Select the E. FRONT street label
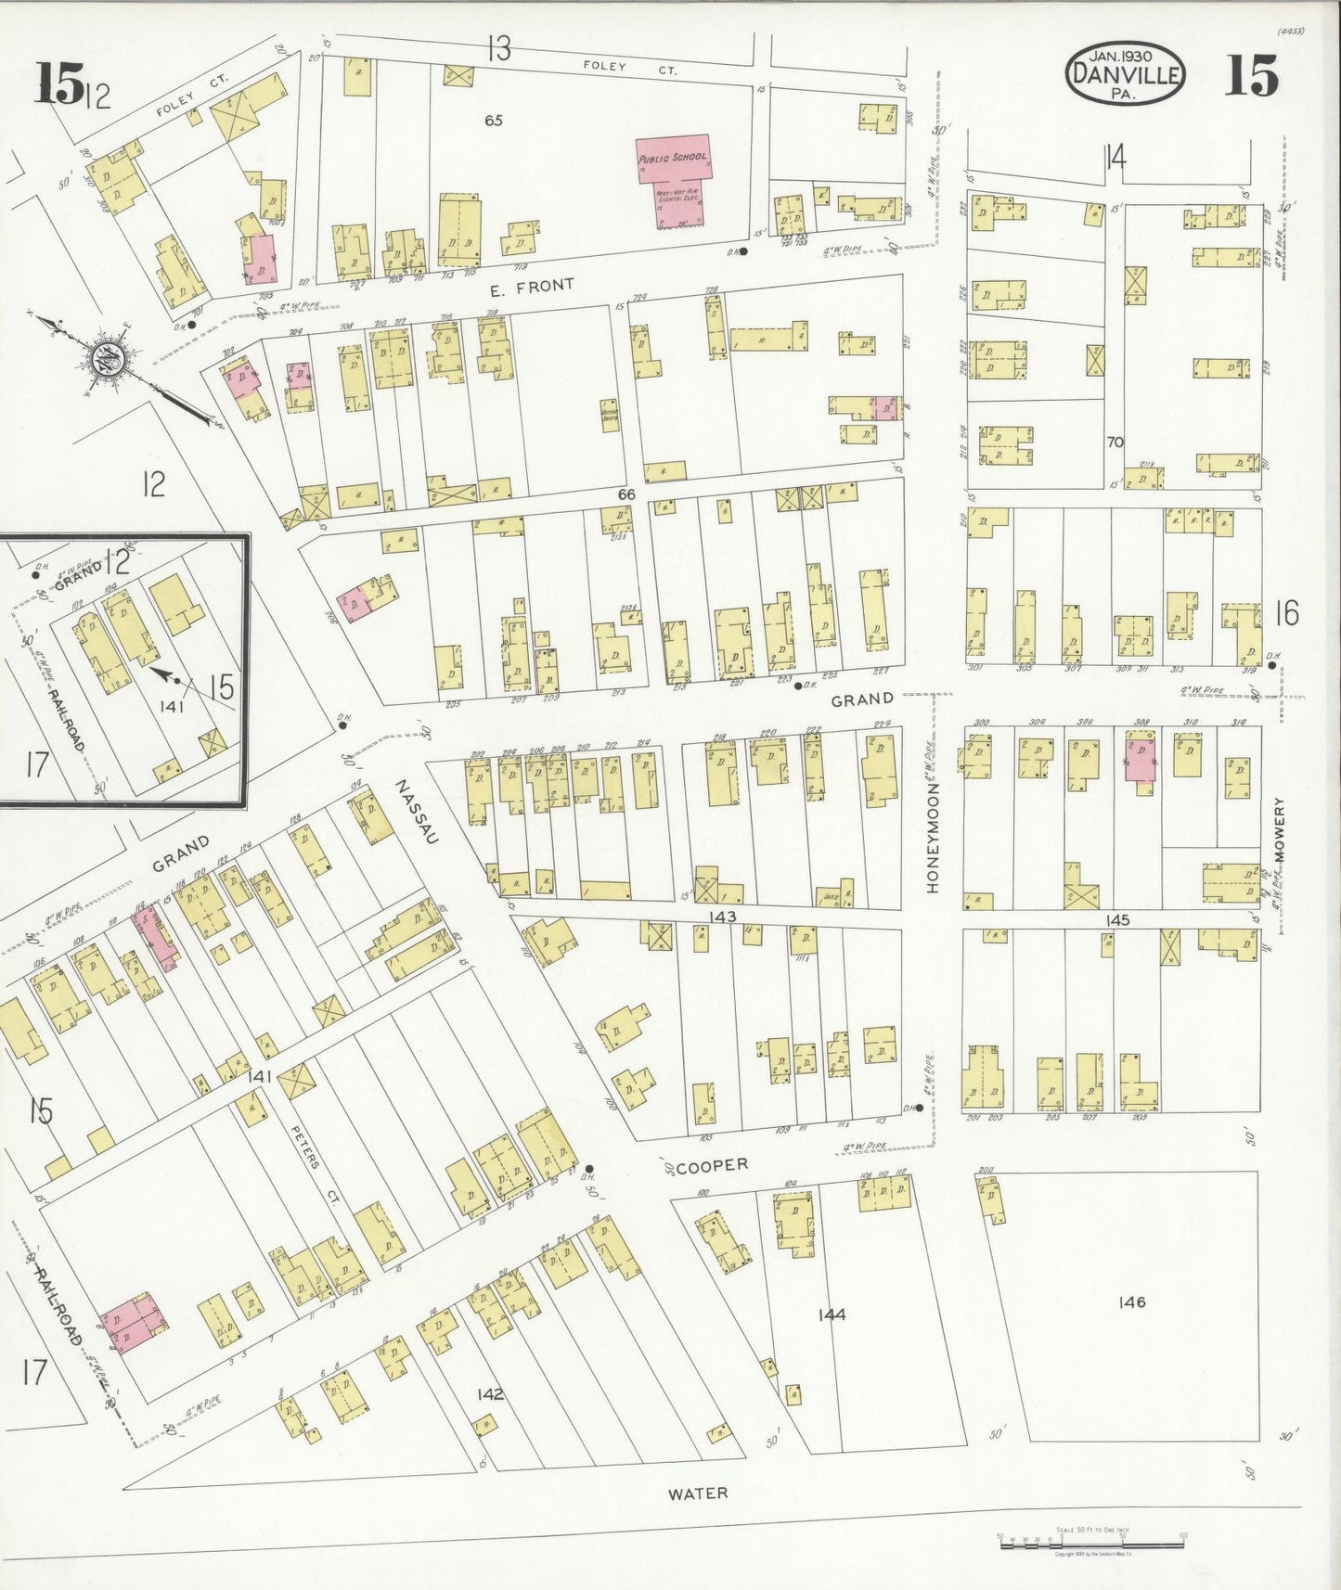point(533,286)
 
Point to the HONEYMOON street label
point(933,838)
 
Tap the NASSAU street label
point(416,811)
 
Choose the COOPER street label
point(711,1165)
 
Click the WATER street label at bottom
point(697,1494)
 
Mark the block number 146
point(1132,1302)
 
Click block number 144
point(832,1314)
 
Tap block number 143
point(720,917)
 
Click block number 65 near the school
point(493,120)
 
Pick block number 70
point(1115,442)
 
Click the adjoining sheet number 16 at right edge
point(1286,612)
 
